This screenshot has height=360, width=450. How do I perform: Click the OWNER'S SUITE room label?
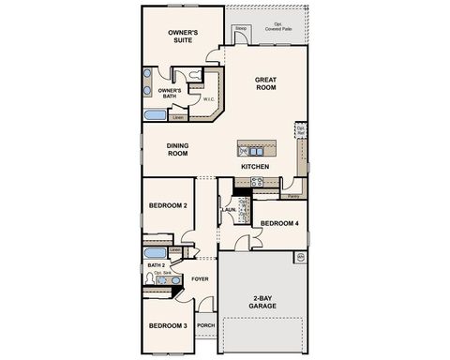pyautogui.click(x=183, y=37)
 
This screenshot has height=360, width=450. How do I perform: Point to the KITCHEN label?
pyautogui.click(x=255, y=167)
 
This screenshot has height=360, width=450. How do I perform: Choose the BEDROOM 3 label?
pyautogui.click(x=169, y=325)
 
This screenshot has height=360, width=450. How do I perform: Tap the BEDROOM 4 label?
pyautogui.click(x=279, y=223)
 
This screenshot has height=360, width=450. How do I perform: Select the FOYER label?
pyautogui.click(x=201, y=278)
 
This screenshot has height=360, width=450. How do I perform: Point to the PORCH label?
pyautogui.click(x=206, y=327)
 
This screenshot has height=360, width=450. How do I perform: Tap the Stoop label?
pyautogui.click(x=240, y=29)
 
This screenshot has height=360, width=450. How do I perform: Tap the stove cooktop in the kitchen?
pyautogui.click(x=257, y=183)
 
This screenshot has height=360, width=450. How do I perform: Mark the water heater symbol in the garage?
pyautogui.click(x=301, y=256)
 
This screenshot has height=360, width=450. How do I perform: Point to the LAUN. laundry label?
pyautogui.click(x=228, y=211)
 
